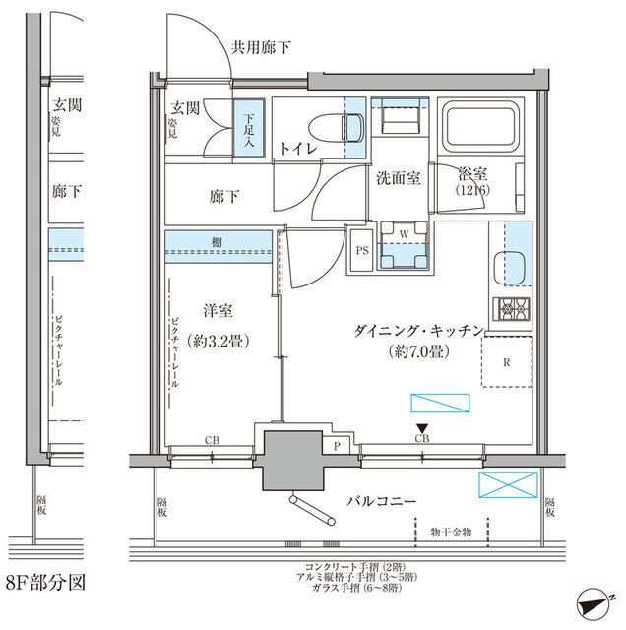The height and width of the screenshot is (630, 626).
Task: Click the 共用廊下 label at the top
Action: click(x=261, y=46)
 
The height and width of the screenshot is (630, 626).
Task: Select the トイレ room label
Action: click(x=296, y=148)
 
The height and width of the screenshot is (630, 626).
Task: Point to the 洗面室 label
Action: click(x=398, y=178)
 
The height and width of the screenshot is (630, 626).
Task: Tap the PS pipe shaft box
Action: click(x=361, y=250)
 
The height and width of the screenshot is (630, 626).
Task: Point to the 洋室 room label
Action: click(x=217, y=312)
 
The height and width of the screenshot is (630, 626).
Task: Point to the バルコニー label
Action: click(x=380, y=502)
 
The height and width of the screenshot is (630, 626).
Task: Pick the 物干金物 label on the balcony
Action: click(x=451, y=532)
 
